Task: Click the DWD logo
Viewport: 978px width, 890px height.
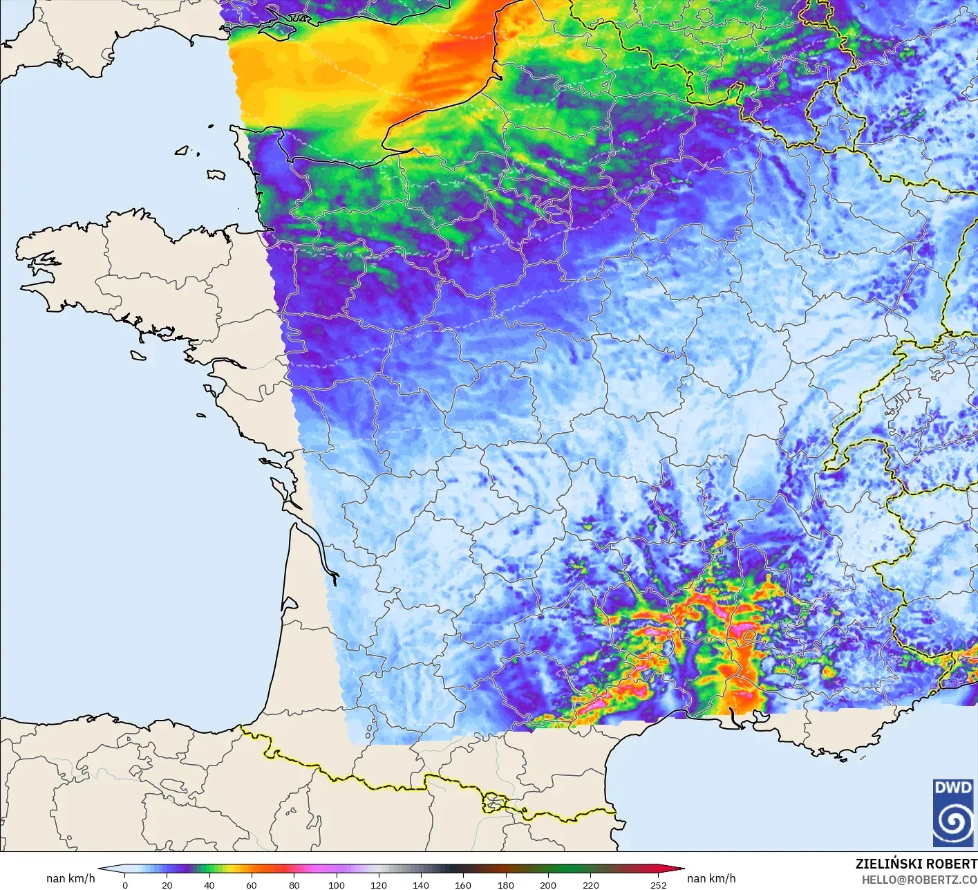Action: (x=953, y=813)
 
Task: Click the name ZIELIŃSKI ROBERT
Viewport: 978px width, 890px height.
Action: (x=916, y=864)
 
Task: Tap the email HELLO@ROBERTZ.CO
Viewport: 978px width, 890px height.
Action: (x=919, y=880)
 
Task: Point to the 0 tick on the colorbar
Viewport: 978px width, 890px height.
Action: (x=125, y=884)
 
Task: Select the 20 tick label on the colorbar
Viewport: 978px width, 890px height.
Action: (x=167, y=884)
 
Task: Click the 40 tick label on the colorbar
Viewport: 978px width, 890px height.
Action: (x=209, y=884)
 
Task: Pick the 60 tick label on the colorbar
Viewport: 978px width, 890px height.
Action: (x=252, y=884)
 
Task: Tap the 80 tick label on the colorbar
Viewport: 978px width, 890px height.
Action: (x=294, y=884)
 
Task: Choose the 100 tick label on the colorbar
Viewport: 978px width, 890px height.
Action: (x=337, y=884)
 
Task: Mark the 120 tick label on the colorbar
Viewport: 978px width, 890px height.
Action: (x=379, y=884)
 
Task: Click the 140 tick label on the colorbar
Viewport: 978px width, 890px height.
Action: (x=421, y=884)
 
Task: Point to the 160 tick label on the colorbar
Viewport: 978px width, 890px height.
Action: (x=463, y=884)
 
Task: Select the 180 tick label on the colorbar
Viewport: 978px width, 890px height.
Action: (x=506, y=884)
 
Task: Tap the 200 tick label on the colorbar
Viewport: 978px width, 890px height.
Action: (x=548, y=884)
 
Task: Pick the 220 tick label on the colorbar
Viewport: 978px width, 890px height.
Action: (x=590, y=884)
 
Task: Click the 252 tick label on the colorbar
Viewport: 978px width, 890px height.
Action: (x=658, y=884)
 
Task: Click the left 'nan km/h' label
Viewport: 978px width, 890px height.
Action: (x=70, y=878)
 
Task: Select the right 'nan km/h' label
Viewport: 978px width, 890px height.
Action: (x=711, y=878)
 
